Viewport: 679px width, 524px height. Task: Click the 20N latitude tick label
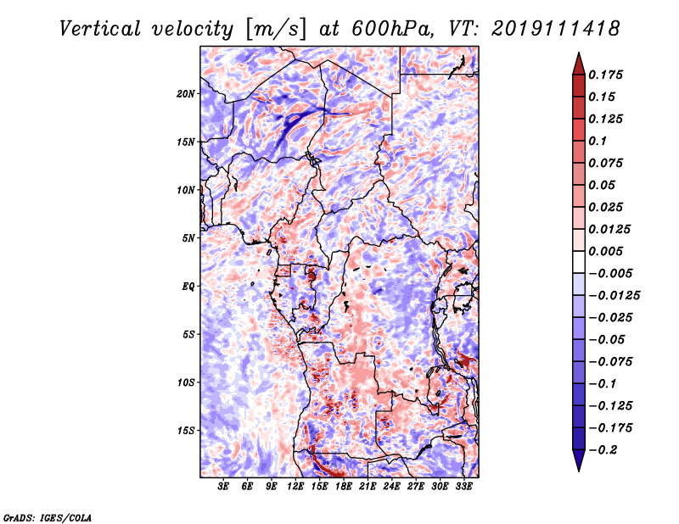(186, 94)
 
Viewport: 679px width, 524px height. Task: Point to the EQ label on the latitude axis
(188, 287)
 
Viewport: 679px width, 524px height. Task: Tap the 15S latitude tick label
(186, 431)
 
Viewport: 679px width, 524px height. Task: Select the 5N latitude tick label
(188, 238)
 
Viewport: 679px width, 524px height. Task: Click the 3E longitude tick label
(223, 487)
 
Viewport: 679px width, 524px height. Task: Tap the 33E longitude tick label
(463, 487)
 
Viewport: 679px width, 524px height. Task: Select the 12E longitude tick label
(295, 487)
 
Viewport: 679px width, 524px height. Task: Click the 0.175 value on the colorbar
(605, 75)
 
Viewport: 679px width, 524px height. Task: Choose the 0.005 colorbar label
(605, 251)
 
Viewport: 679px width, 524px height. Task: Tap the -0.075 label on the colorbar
(610, 362)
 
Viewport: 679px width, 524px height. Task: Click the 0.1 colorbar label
(598, 141)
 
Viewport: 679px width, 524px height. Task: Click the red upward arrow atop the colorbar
(579, 64)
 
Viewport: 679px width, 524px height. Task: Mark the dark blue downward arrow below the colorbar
(579, 460)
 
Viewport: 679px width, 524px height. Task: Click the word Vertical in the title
(99, 29)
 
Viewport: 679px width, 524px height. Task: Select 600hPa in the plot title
(392, 29)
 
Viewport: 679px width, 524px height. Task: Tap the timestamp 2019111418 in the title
(555, 29)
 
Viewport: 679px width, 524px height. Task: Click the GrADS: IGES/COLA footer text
(47, 517)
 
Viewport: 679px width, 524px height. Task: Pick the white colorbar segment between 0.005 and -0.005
(579, 262)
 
